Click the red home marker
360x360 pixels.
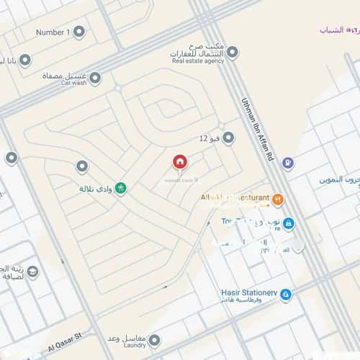pos(179,162)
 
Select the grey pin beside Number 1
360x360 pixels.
pos(79,32)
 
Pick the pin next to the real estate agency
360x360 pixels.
pos(232,52)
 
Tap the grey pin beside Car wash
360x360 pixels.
pos(94,77)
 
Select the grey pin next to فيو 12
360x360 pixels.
pos(228,138)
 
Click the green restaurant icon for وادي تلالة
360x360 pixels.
pos(121,189)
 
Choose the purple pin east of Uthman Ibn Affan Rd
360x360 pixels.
pos(288,164)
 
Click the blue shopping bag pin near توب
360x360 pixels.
pos(288,224)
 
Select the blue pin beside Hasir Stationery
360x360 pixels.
pos(286,294)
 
